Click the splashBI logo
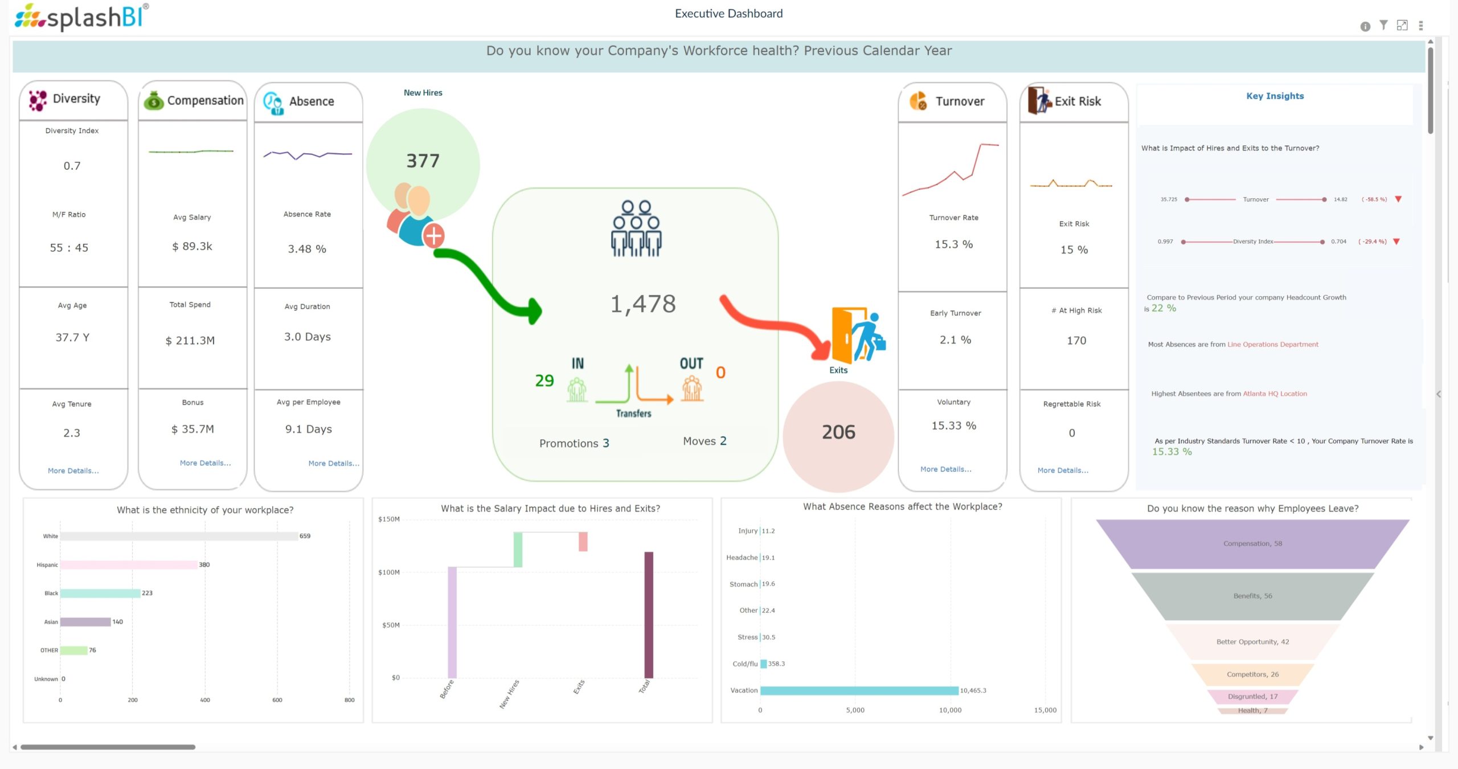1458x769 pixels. tap(81, 17)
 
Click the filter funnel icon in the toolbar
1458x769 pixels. tap(1383, 25)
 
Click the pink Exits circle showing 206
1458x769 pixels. tap(838, 432)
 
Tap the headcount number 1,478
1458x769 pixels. tap(643, 304)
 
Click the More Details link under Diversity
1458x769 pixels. tap(73, 471)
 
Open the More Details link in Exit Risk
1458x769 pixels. tap(1063, 470)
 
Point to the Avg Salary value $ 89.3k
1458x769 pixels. tap(192, 246)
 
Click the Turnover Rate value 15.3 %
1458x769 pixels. tap(953, 244)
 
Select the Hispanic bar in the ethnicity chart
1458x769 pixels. tap(129, 565)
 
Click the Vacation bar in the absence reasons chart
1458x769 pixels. tap(859, 690)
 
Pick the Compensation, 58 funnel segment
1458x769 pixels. tap(1252, 543)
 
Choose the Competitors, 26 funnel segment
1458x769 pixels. tap(1252, 674)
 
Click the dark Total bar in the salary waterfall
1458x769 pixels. tap(648, 615)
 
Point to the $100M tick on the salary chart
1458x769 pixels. tap(388, 572)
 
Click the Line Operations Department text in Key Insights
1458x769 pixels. tap(1273, 345)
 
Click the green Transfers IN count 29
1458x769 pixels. tap(544, 381)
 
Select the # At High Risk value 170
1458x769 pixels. tap(1076, 341)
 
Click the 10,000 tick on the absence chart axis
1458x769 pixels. tap(950, 710)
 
